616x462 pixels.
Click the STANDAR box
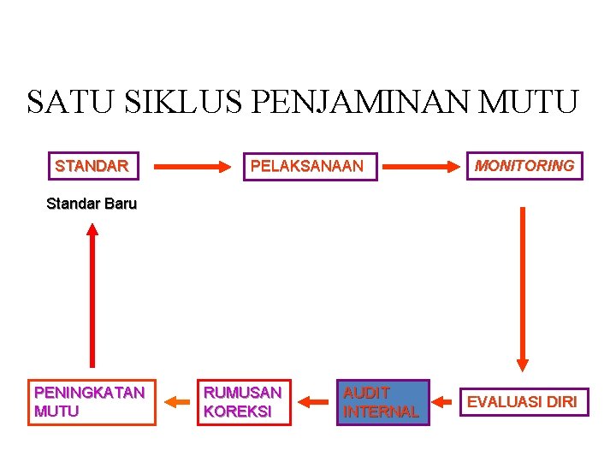(x=92, y=165)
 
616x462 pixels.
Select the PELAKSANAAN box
(x=306, y=165)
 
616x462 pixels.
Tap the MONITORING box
(x=524, y=165)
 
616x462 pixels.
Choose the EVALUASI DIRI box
(x=522, y=401)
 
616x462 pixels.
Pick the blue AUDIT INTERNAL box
(x=381, y=402)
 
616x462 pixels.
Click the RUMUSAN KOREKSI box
(x=243, y=402)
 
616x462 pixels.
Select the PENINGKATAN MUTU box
(x=92, y=402)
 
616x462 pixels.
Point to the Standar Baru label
(x=92, y=204)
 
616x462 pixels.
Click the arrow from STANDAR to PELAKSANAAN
(x=192, y=165)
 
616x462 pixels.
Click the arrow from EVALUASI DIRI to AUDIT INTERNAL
(x=444, y=400)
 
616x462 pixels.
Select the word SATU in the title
(x=72, y=102)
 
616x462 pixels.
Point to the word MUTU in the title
(x=530, y=102)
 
